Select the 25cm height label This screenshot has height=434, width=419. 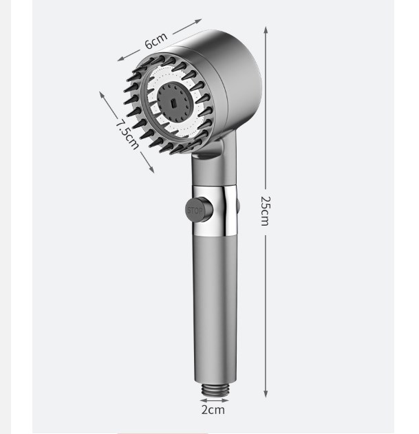click(265, 210)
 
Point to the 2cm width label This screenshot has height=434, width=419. click(213, 409)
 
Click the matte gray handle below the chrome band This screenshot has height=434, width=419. click(214, 303)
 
